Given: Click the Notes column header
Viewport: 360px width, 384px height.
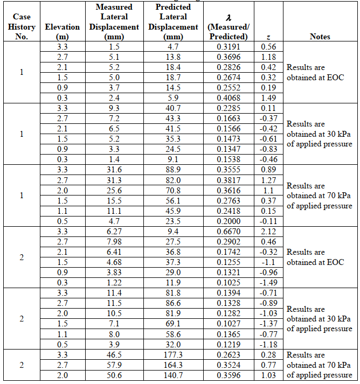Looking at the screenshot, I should click(320, 37).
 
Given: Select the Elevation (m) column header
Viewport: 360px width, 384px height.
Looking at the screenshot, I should click(63, 32).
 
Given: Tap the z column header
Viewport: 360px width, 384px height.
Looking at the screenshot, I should click(268, 37).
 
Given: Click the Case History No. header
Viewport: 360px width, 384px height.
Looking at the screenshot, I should click(22, 27).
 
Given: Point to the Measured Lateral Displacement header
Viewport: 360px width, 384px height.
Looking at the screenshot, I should click(113, 22).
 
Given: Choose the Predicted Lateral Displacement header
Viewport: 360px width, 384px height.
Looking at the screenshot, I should click(173, 22).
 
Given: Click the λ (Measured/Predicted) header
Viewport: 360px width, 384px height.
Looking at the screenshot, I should click(227, 27).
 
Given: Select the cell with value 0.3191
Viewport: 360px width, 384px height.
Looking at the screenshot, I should click(227, 47).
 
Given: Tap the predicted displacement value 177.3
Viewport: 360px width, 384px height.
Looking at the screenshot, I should click(173, 355).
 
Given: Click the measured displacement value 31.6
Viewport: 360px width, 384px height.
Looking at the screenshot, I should click(113, 170).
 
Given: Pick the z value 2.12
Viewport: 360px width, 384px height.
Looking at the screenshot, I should click(268, 232).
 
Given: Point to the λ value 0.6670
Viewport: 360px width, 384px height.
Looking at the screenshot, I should click(227, 232).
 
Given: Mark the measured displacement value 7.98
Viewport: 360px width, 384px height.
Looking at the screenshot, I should click(113, 242).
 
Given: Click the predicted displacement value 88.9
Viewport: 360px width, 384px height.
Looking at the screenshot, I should click(173, 170).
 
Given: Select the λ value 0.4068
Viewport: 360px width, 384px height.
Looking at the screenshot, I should click(227, 98).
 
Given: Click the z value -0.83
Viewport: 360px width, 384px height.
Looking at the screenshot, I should click(268, 149).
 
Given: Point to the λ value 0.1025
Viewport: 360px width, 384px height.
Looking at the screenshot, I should click(227, 283).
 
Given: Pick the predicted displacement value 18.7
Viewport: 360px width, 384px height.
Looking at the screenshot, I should click(173, 78).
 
